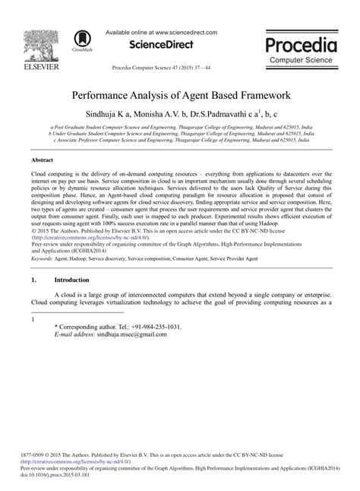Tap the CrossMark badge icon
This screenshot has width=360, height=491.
point(81,40)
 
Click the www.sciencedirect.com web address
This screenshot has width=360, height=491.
point(185,33)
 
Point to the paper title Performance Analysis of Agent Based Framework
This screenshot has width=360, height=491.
point(180,98)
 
